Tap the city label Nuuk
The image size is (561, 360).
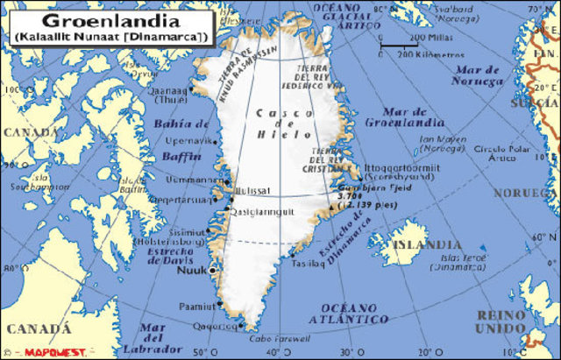[191, 271]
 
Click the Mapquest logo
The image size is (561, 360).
[56, 352]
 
